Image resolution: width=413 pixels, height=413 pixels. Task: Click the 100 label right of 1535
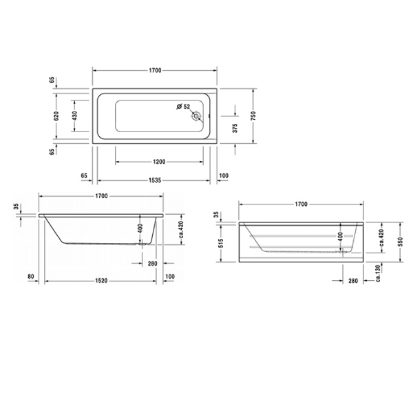(224, 176)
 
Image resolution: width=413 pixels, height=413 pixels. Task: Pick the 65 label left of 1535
(85, 176)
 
